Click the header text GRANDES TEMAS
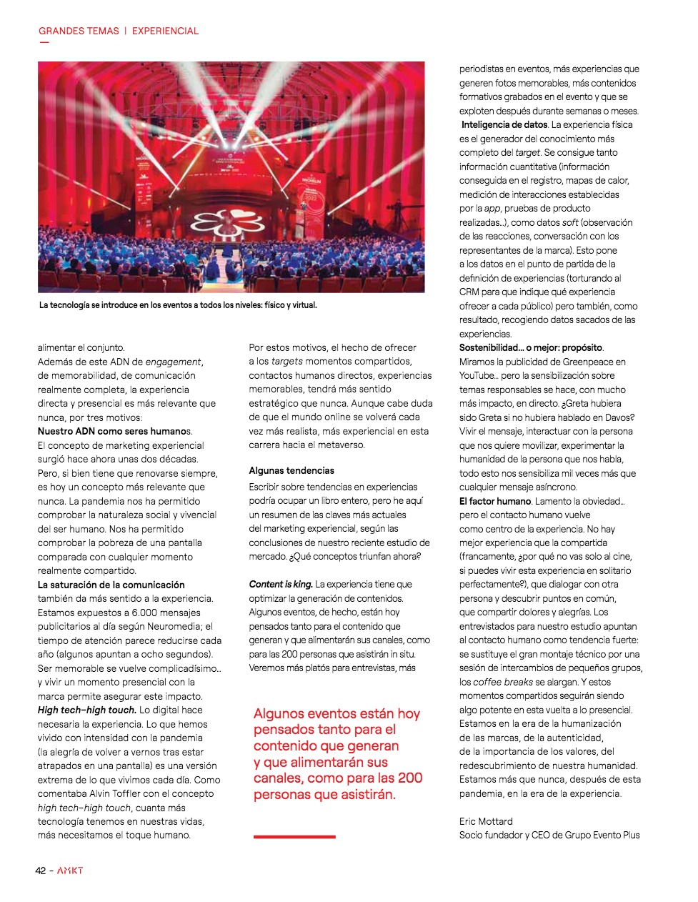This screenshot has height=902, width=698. (79, 31)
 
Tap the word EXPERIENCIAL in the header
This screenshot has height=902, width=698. (165, 31)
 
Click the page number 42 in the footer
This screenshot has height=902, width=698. (41, 871)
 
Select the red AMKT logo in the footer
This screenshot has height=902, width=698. (70, 871)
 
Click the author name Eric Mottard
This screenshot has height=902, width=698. (486, 821)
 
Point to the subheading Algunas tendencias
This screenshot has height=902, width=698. (291, 470)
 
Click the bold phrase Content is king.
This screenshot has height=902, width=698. (281, 584)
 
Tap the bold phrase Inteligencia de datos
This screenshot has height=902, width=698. (504, 124)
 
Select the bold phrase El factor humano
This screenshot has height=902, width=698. (495, 501)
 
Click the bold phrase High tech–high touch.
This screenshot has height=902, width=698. (86, 710)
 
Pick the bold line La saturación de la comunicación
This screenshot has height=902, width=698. (111, 585)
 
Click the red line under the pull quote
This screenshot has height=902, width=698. (294, 836)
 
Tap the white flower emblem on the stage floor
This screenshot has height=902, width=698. (236, 220)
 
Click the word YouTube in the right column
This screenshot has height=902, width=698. (477, 375)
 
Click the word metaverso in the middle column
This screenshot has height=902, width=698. (341, 445)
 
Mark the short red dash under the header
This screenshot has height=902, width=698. (44, 43)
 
